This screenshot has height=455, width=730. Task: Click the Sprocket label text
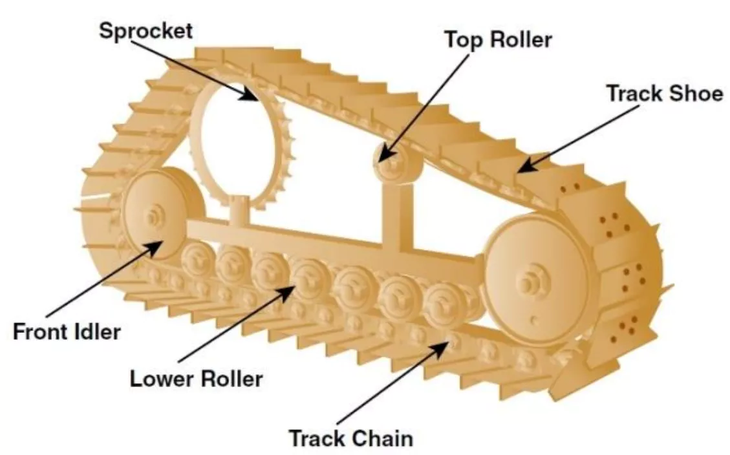point(145,30)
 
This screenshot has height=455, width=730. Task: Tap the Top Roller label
point(497,39)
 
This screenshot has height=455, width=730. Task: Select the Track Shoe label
point(664,93)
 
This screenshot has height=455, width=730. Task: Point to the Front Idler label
point(67,332)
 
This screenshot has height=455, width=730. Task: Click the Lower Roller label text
point(197,378)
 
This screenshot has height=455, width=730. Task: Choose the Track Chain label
point(350,438)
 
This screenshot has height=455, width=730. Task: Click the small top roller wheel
point(391,162)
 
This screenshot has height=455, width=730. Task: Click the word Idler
point(96,332)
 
